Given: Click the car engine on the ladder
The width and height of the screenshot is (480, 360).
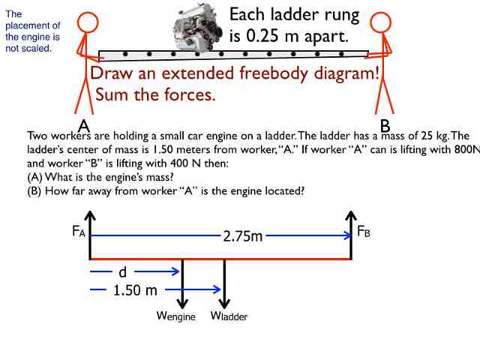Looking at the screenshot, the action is (198, 28).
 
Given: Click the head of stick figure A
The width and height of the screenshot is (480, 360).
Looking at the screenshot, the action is (88, 22).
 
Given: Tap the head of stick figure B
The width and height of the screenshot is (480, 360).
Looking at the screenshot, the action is (380, 22).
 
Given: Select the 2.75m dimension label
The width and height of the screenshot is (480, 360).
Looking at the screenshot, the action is (243, 236).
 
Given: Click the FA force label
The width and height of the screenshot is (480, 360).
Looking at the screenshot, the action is (79, 231).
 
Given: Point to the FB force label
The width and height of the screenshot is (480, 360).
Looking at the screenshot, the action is (364, 231).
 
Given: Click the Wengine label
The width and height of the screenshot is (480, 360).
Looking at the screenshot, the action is (176, 316).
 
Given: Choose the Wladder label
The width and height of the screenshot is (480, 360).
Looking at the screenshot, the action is (229, 316).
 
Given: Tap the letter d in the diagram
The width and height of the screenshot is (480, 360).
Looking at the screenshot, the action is (122, 271).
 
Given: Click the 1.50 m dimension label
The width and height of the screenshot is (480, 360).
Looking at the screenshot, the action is (135, 290).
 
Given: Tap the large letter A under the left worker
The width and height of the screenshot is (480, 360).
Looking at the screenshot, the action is (83, 126).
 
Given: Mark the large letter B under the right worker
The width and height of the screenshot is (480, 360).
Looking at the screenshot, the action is (385, 126).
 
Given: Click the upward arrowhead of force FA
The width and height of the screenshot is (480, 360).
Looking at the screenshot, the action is (90, 215).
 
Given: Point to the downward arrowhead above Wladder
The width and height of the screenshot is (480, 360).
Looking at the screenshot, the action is (224, 304).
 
